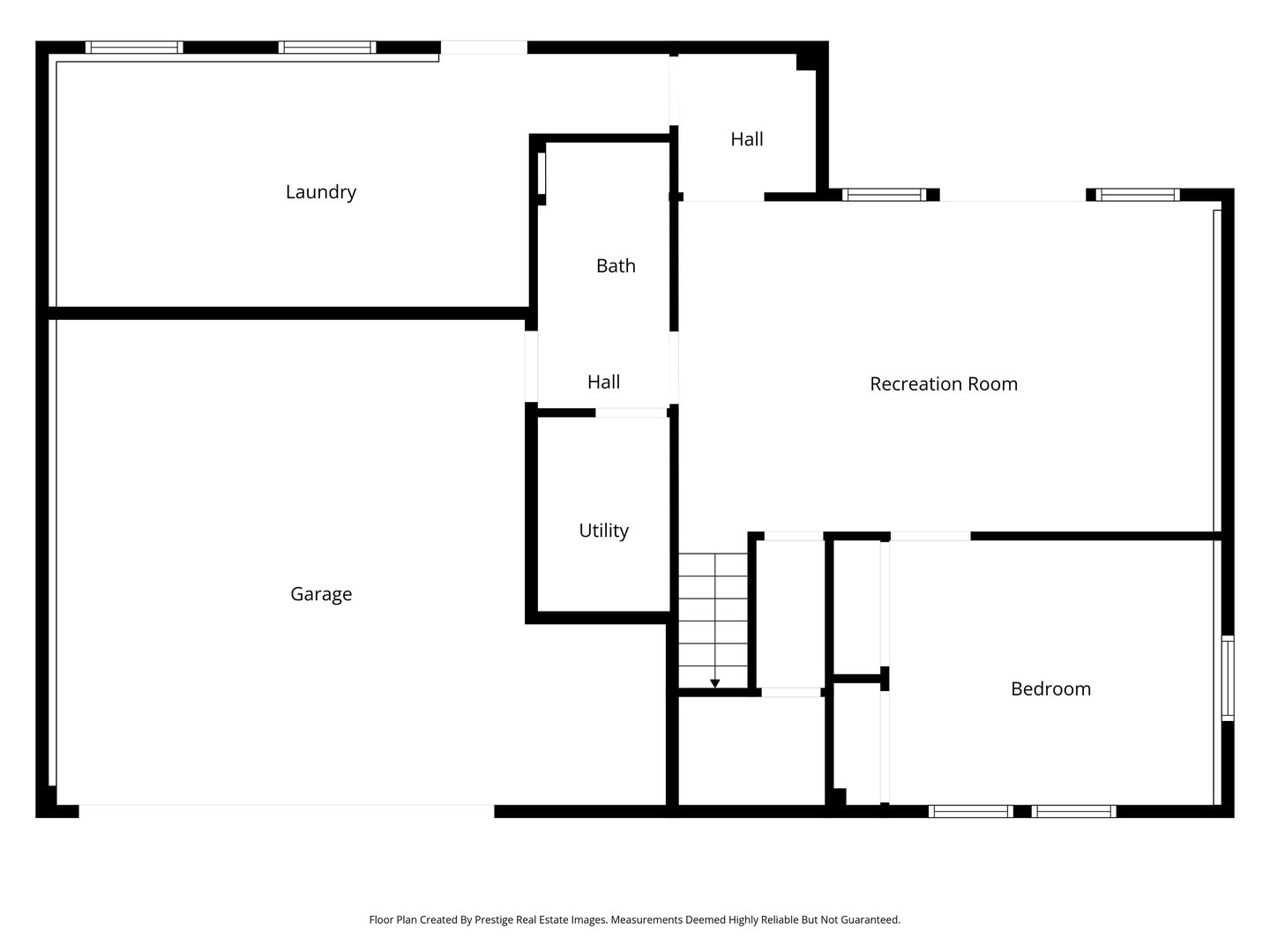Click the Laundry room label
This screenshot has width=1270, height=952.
coord(320,192)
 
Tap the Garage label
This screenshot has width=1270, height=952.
coord(321,594)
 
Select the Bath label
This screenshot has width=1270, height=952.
coord(616,266)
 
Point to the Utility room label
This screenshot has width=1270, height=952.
coord(603,531)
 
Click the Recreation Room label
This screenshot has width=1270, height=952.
coord(944,384)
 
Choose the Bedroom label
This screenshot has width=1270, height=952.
coord(1050,689)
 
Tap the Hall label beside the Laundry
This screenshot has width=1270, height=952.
coord(747,139)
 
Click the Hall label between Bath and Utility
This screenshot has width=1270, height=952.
coord(603,383)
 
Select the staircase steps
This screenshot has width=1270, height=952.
coord(713,617)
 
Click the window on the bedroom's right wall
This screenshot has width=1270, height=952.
coord(1227,679)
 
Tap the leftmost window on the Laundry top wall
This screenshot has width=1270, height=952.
coord(134,48)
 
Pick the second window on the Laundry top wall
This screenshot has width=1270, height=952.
coord(327,48)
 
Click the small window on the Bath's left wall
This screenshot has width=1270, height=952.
coord(542,174)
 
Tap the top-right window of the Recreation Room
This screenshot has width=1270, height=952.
coord(1138,195)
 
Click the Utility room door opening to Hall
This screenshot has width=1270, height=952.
coord(631,413)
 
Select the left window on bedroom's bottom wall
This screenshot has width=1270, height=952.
coord(970,811)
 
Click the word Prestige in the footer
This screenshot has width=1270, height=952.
coord(496,919)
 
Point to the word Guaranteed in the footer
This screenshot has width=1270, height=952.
coord(870,919)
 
